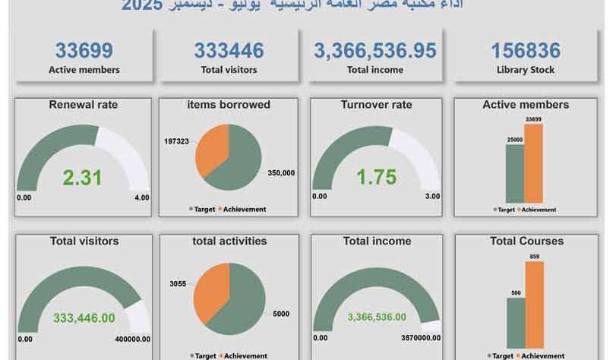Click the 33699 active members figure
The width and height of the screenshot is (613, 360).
(84, 51)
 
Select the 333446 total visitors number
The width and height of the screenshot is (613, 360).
(229, 51)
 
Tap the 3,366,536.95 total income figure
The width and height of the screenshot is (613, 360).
(374, 51)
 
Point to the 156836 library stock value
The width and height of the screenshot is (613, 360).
(525, 51)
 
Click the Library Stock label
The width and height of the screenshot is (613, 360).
(525, 70)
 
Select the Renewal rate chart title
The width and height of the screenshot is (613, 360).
(84, 105)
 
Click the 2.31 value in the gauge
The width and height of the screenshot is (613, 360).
(82, 178)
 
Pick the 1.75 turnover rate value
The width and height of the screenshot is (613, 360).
(377, 177)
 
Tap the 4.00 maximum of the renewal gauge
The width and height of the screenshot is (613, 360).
(141, 197)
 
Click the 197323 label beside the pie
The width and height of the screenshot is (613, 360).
(179, 141)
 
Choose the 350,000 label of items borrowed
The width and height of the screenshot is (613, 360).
(281, 173)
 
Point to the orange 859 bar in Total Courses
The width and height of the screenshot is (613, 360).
(535, 304)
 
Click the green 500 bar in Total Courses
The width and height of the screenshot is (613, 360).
(516, 322)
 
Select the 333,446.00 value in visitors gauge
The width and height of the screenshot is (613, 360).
(84, 318)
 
